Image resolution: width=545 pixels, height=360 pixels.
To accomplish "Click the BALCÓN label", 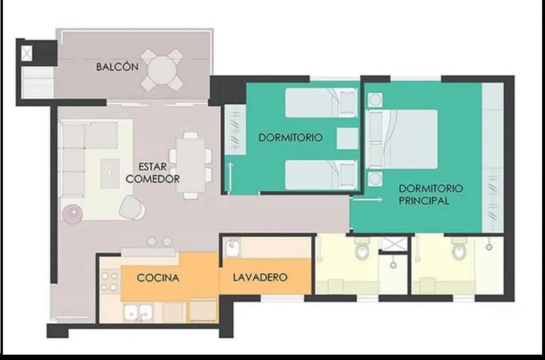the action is coord(117,66).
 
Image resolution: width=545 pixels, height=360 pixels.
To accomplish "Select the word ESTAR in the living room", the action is coord(152,166).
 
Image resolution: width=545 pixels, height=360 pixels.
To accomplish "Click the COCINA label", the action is coord(158,278).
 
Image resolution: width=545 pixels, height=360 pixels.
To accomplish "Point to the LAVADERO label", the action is coord(260,277).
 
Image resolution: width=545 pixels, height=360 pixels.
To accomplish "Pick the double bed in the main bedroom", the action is coord(402,139).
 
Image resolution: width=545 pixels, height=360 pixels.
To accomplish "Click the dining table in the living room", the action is coord(191,165).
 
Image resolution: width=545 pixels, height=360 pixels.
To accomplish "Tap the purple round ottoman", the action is coord(72,213).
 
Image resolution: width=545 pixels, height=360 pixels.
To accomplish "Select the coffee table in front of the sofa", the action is coord(110,173).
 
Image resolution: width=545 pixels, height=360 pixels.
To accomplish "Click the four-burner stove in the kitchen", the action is coord(110,281).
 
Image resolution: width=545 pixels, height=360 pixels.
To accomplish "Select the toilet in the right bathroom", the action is coord(459,249).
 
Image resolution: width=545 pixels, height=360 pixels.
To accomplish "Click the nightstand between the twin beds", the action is coord(347,138).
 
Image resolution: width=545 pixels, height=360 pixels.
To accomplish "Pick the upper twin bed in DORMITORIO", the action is coord(321,103).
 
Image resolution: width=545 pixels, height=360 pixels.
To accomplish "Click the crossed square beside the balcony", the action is coord(27,54).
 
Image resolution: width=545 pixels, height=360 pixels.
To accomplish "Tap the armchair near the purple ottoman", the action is coord(132,207).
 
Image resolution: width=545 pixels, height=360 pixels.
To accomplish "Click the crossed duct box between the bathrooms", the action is coord(394,244).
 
